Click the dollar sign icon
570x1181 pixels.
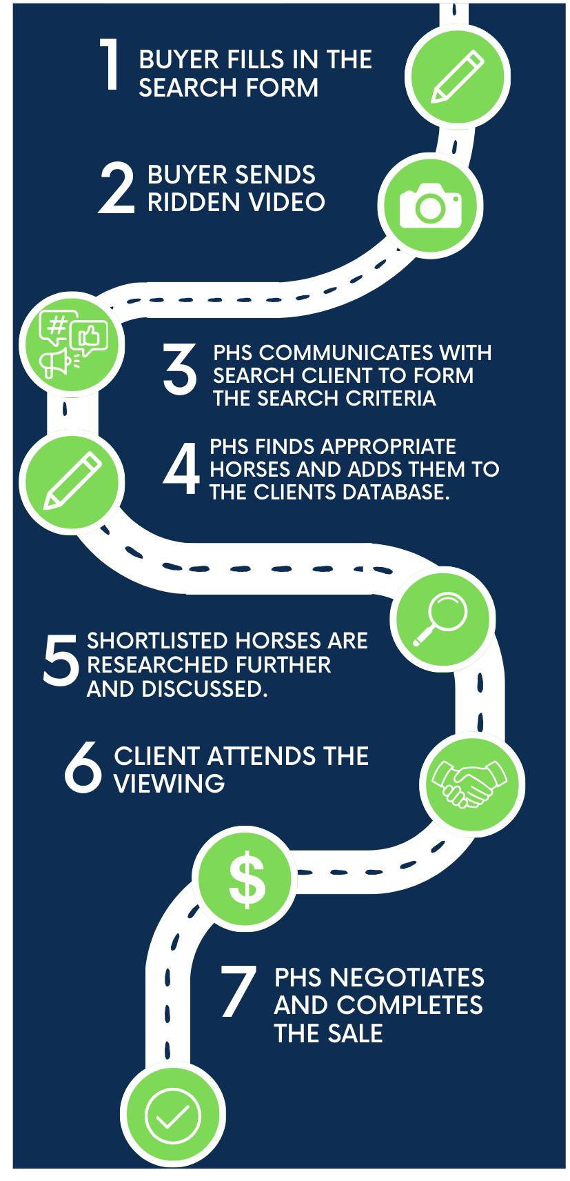click(x=247, y=880)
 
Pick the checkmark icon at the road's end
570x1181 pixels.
click(x=172, y=1115)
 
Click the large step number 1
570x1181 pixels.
click(x=110, y=64)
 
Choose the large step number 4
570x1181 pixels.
click(x=181, y=470)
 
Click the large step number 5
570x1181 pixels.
click(x=61, y=661)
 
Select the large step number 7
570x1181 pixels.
click(x=238, y=992)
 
